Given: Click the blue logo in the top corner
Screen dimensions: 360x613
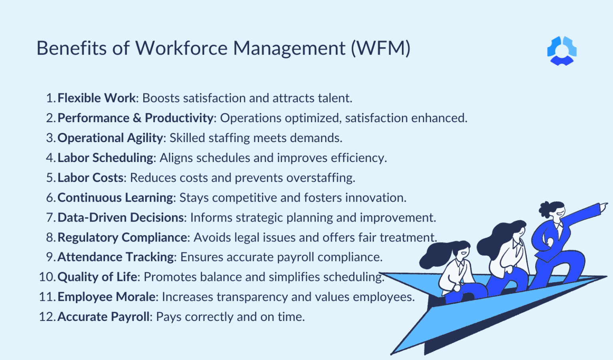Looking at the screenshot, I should tap(562, 51).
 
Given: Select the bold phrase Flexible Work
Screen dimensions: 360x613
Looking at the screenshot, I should tap(97, 98).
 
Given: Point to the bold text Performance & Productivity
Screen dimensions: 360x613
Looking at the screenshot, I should tap(135, 118).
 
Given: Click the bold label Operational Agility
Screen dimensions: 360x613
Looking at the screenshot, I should tap(110, 138).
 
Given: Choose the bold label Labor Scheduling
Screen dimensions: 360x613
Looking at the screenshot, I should tap(105, 158).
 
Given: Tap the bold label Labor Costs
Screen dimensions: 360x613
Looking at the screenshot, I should tap(91, 178).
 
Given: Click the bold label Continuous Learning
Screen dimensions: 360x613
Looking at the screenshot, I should tap(115, 198).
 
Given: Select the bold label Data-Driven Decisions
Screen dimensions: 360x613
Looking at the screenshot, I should tap(121, 218).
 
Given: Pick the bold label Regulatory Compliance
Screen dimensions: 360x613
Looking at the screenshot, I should tap(122, 237).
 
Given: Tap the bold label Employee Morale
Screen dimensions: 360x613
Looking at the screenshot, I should tap(107, 297).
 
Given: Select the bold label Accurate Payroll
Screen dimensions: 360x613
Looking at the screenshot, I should tap(104, 317).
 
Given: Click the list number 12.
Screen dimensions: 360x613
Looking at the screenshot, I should tap(47, 317).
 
